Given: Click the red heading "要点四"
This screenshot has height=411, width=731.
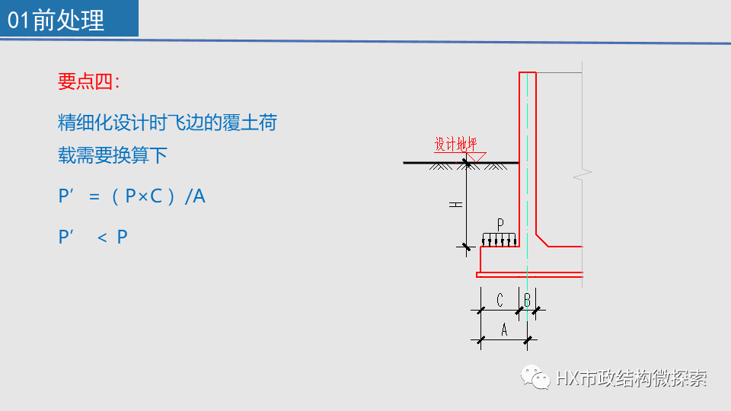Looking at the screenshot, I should (x=88, y=82).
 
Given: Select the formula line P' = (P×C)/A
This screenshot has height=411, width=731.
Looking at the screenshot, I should (x=132, y=196).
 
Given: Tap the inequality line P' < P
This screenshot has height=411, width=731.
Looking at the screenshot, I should (x=93, y=237).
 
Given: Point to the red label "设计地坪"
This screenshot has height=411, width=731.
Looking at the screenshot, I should (x=455, y=144).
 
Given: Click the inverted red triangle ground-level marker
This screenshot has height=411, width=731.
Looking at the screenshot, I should (x=477, y=157).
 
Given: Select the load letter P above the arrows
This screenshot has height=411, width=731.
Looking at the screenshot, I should (x=500, y=225).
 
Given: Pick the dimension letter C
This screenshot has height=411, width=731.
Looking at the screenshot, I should (x=500, y=301).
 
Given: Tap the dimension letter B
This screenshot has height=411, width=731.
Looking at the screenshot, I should (x=527, y=301).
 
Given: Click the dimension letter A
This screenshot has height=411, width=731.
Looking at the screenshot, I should (x=503, y=330).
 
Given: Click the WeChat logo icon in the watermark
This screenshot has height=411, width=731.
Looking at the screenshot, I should (x=535, y=377).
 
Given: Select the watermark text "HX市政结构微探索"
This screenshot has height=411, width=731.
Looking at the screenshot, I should (x=631, y=378).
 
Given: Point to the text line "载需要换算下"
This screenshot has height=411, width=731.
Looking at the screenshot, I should (x=113, y=156).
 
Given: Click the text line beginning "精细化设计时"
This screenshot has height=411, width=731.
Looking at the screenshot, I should (x=168, y=122).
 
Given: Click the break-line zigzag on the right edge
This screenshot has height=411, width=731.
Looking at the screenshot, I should (x=583, y=176).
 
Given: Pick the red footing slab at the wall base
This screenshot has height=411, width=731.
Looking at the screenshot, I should (x=529, y=274).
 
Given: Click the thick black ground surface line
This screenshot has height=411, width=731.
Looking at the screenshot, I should (x=442, y=163).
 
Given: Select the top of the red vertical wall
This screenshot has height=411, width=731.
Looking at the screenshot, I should (x=528, y=74).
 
